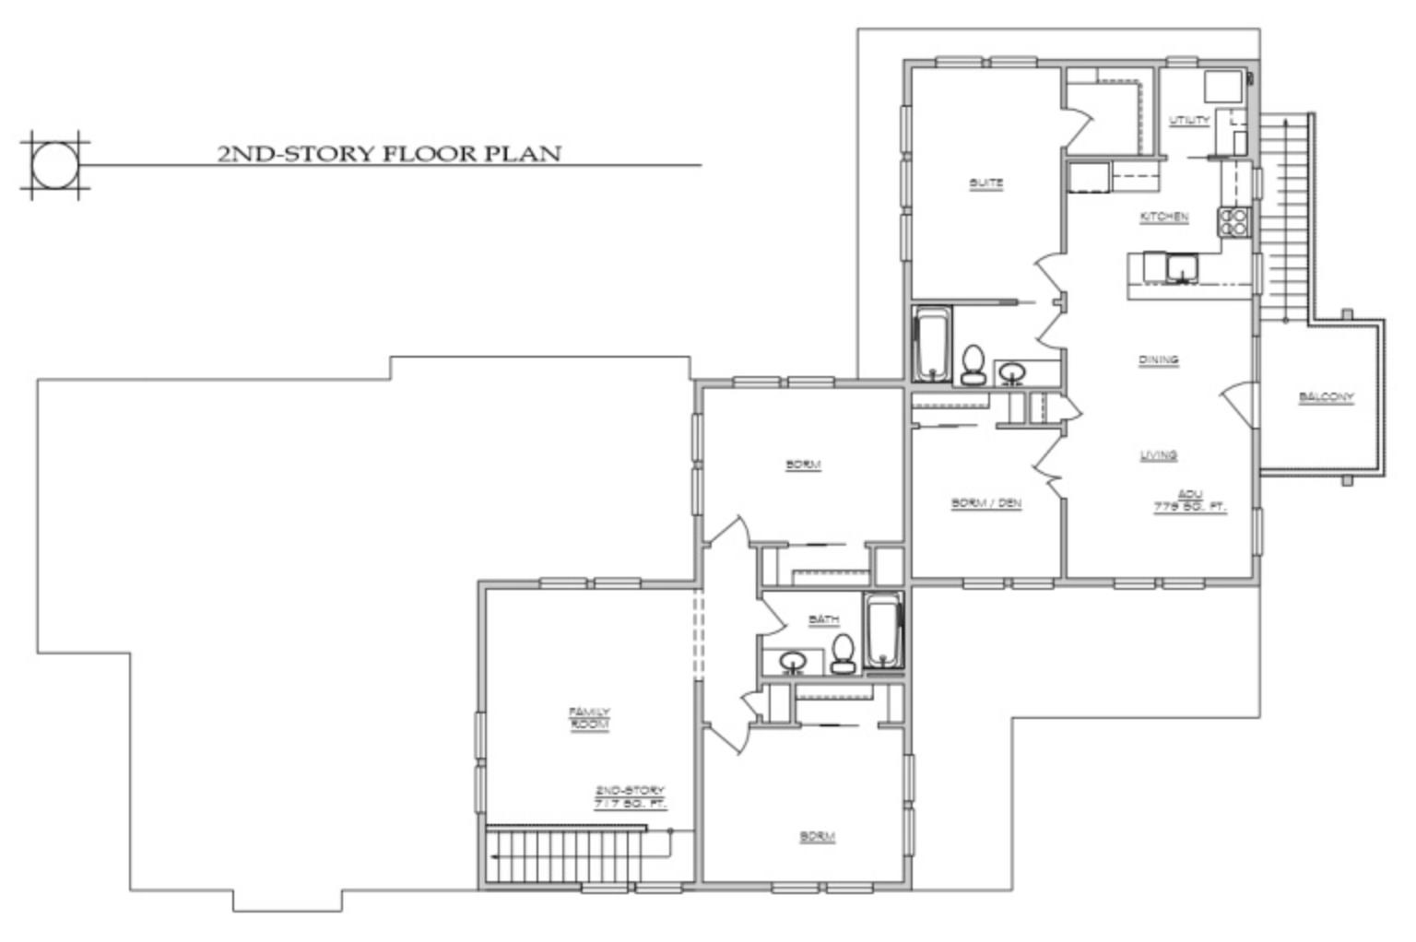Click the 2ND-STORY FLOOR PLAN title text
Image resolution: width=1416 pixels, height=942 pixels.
coord(388,153)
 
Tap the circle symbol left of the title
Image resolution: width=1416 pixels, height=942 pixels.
coord(55,166)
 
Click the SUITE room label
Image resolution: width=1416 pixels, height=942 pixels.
coord(985,183)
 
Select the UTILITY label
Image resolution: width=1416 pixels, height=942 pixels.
coord(1188,121)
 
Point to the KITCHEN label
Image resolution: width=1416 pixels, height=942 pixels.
coord(1164,218)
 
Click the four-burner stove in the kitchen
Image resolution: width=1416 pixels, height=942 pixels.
coord(1234,221)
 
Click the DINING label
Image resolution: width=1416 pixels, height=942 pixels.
coord(1158,360)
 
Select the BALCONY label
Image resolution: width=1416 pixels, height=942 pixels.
coord(1326,398)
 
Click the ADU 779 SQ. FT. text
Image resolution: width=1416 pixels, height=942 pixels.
coord(1190,500)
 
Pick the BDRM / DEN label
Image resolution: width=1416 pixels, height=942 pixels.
coord(985,503)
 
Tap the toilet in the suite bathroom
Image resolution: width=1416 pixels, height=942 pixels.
coord(972,366)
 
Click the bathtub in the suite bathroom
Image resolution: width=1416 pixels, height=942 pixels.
coord(931,346)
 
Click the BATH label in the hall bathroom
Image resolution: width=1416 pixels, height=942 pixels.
coord(823,619)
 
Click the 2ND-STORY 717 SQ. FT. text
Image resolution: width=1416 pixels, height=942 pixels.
coord(630,797)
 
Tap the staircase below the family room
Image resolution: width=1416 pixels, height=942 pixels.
coord(564,857)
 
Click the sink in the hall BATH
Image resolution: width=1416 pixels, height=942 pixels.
coord(793,661)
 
